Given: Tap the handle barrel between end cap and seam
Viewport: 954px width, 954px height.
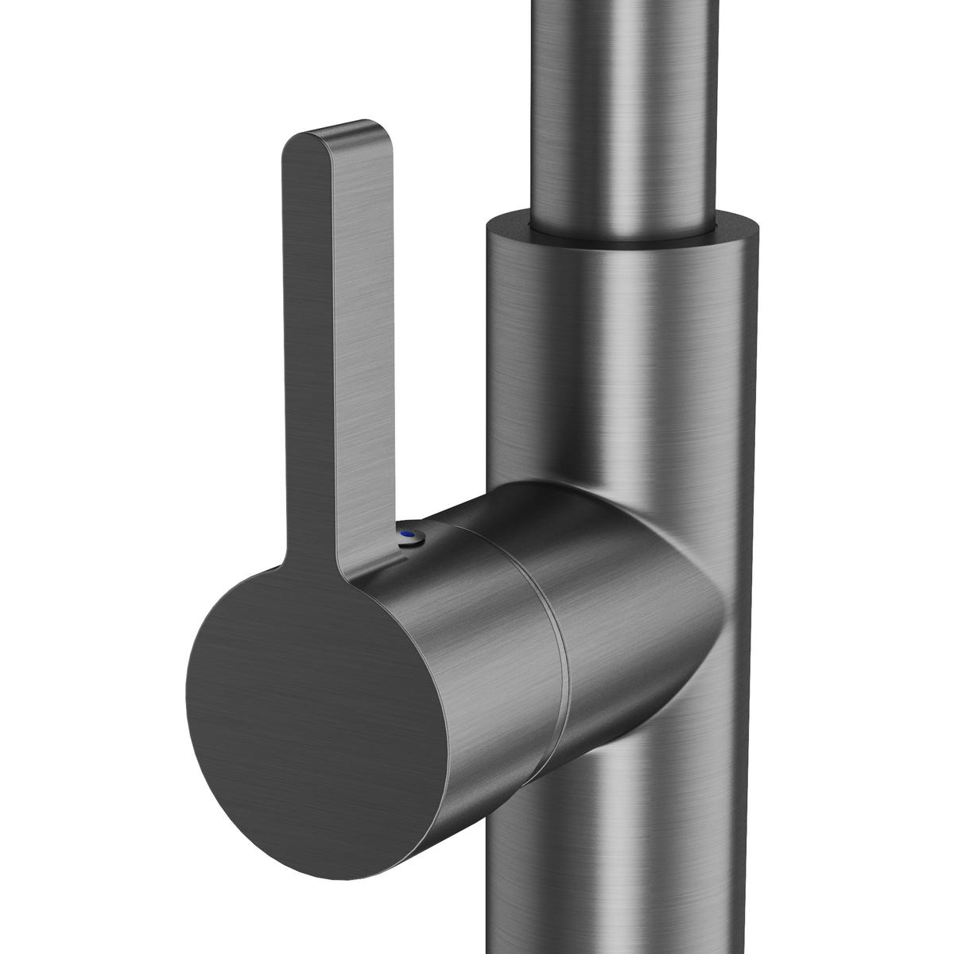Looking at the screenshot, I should pos(469,636).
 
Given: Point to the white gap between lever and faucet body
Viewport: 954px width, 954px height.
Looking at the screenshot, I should pos(437,358).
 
